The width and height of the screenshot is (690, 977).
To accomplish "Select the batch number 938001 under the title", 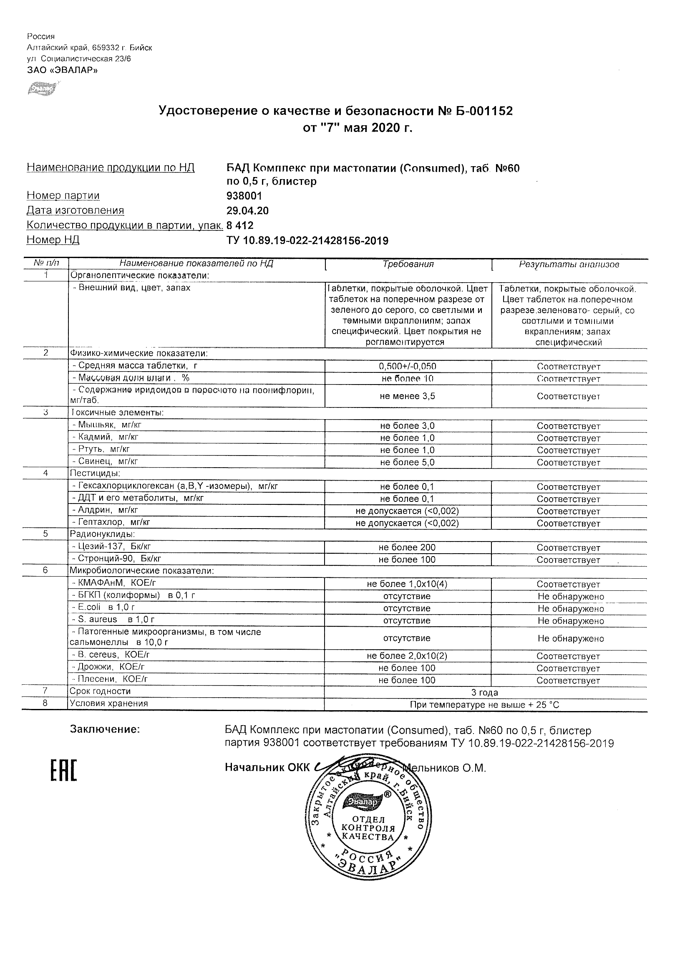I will tap(244, 196).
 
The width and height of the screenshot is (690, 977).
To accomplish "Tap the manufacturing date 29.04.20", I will tap(247, 210).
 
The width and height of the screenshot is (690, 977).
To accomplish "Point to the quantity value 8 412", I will tap(240, 225).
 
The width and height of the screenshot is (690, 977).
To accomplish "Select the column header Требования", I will tap(408, 264).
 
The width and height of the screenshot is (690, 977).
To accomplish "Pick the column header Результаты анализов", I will tap(569, 264).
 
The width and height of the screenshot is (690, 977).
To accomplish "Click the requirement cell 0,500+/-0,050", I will tap(407, 366).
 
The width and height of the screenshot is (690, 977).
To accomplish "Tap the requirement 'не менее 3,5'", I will tap(407, 396).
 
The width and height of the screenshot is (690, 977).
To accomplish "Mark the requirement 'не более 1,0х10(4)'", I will tap(407, 584).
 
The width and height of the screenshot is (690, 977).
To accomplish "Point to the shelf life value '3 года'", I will tap(485, 692).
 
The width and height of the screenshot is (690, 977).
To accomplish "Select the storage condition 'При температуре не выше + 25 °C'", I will tap(484, 705).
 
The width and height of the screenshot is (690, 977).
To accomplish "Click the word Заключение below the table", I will tap(105, 729).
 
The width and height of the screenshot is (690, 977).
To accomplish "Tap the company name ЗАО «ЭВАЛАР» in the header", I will tap(62, 70).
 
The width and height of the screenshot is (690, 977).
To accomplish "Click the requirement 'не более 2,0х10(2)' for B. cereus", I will tap(407, 656).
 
